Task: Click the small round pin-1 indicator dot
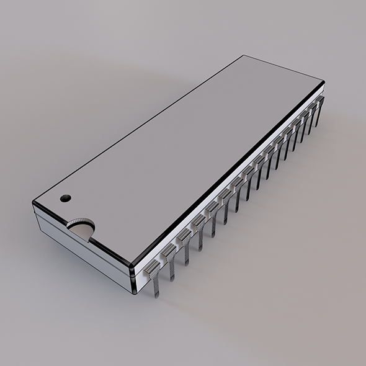click(65, 199)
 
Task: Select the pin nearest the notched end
click(153, 277)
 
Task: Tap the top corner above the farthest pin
click(323, 83)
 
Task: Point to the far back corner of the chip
click(243, 56)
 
